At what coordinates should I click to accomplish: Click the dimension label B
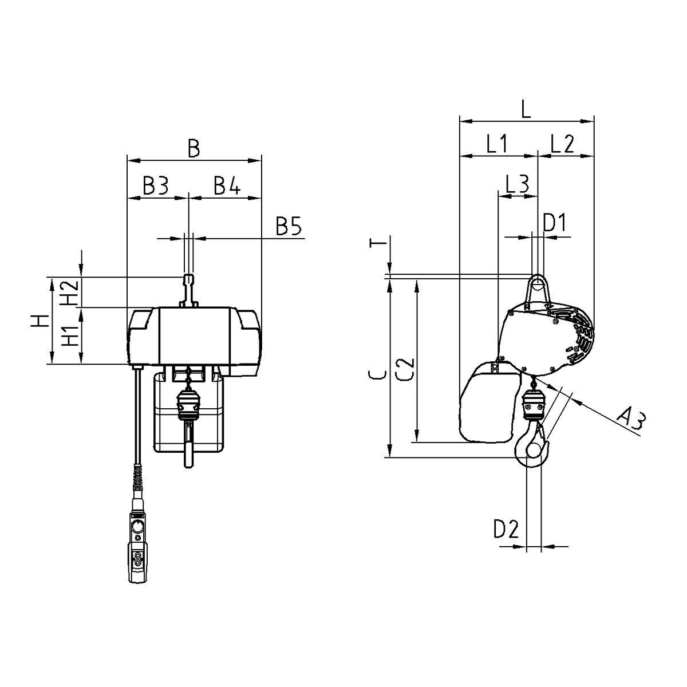point(194,148)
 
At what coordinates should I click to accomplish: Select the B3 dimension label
point(156,185)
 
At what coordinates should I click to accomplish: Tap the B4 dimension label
point(227,185)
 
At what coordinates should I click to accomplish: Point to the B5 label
point(289,226)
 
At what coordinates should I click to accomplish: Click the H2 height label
point(69,292)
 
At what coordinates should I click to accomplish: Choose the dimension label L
point(526,109)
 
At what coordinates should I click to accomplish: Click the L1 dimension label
point(498,144)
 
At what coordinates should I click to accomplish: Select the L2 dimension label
point(562,144)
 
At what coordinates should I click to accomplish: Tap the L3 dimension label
point(518,184)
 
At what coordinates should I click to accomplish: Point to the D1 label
point(554,223)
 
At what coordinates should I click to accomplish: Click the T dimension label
point(378,243)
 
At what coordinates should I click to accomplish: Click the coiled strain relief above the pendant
point(138,477)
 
